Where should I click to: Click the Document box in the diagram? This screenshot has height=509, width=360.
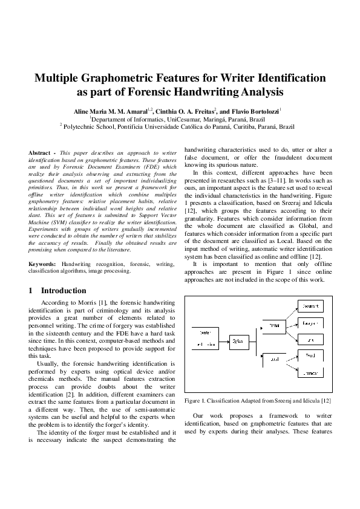(311, 306)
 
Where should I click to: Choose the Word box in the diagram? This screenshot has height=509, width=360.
(311, 355)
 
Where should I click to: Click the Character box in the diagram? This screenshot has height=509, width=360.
(311, 373)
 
